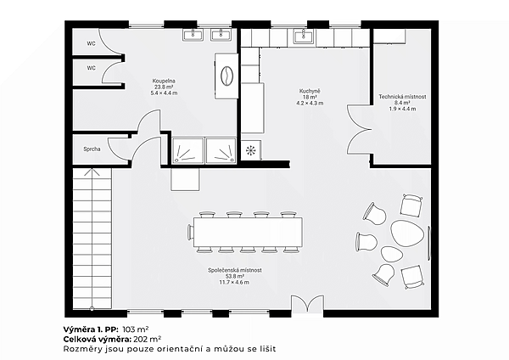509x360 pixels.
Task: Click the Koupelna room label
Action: (x=164, y=81)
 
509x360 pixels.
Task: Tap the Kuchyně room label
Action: (x=310, y=92)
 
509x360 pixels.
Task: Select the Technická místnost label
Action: (x=402, y=97)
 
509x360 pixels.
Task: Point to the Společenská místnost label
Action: (x=235, y=270)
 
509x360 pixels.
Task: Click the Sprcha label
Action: (x=92, y=149)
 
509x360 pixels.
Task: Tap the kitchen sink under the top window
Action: (x=305, y=36)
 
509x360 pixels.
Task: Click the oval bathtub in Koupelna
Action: (x=227, y=76)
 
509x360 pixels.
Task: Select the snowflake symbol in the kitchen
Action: (x=250, y=150)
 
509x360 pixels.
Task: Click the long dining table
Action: (x=249, y=233)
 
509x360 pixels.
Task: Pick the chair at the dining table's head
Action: (x=191, y=232)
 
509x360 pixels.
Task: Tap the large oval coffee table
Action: (x=407, y=233)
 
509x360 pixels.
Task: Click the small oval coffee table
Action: (x=391, y=254)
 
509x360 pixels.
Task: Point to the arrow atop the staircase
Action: (x=92, y=172)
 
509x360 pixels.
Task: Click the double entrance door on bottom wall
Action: (x=307, y=305)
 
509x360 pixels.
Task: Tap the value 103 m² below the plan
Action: (x=136, y=329)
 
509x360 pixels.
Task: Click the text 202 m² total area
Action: (x=148, y=340)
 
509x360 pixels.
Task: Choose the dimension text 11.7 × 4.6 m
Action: (x=234, y=283)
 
